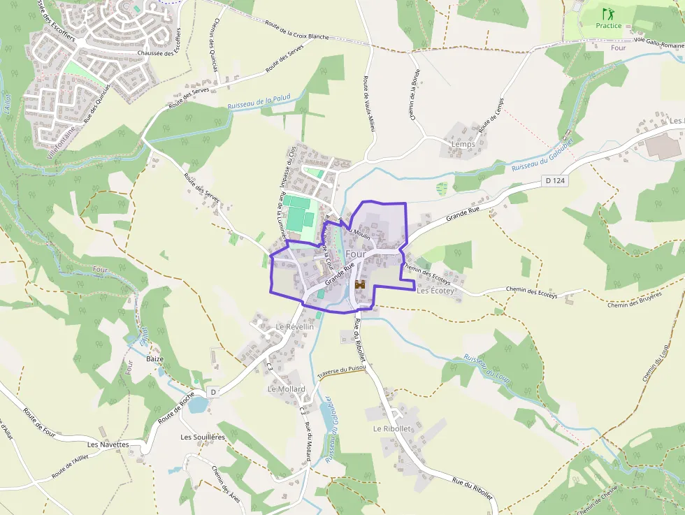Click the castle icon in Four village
[x=360, y=285]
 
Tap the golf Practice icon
[x=608, y=13]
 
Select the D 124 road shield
[x=554, y=181]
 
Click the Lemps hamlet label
[x=463, y=144]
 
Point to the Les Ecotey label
[x=435, y=291]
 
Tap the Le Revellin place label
[x=294, y=326]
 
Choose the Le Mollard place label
[x=287, y=389]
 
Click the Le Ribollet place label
[x=391, y=428]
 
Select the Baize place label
[x=155, y=358]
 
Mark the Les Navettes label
[x=108, y=444]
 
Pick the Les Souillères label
[x=203, y=437]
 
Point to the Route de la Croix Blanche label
[x=297, y=30]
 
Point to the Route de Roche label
[x=176, y=408]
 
